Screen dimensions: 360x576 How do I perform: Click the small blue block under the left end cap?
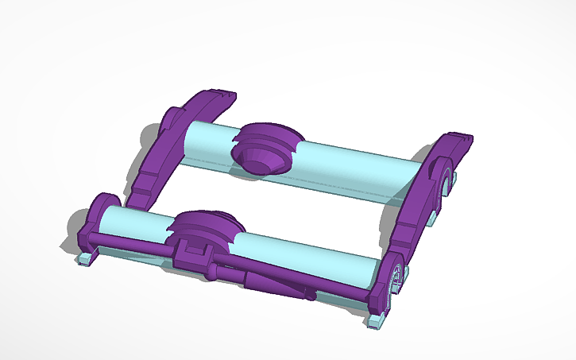(x=86, y=258)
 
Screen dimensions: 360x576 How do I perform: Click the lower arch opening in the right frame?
(x=395, y=274)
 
